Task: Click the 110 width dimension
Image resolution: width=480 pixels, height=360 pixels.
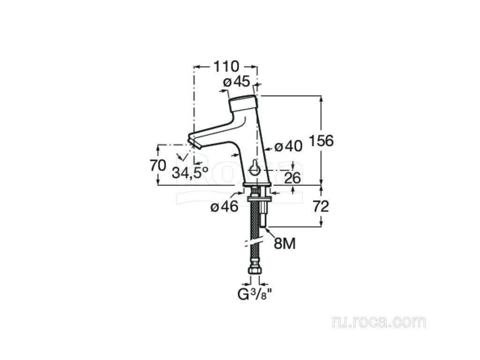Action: pos(225,66)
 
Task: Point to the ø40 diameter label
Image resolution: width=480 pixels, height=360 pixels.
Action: pos(288,146)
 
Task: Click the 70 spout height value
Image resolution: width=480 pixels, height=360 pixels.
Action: pos(158,165)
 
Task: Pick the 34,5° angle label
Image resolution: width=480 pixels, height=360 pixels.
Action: pos(190,173)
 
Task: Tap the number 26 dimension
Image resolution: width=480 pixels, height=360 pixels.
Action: pos(292,178)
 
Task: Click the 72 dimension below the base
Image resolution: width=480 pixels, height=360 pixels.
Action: pos(321,207)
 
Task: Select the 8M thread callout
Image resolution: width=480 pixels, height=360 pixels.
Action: pos(285,244)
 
